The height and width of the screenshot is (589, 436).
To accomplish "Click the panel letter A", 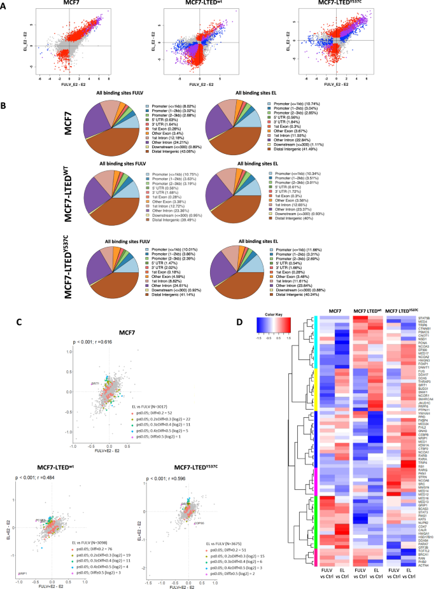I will point(6,6).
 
